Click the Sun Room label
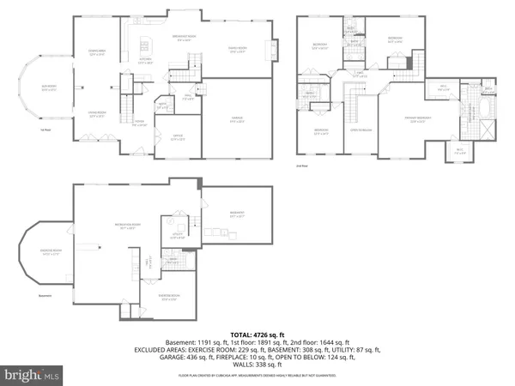[x=50, y=89]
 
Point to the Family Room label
[x=237, y=48]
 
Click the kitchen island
[x=147, y=45]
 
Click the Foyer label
[x=137, y=124]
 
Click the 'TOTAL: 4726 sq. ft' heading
[x=257, y=334]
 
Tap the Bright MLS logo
[x=33, y=375]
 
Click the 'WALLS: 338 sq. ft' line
[x=257, y=365]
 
